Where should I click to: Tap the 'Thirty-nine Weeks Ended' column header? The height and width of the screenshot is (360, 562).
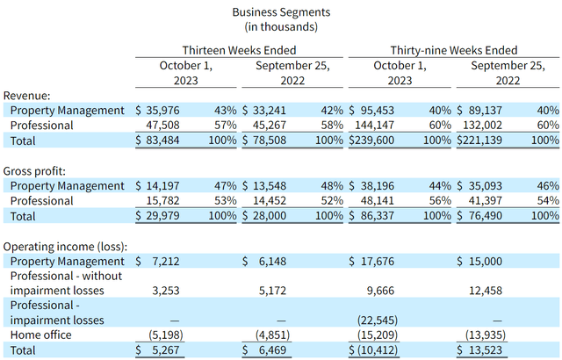pos(454,50)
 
